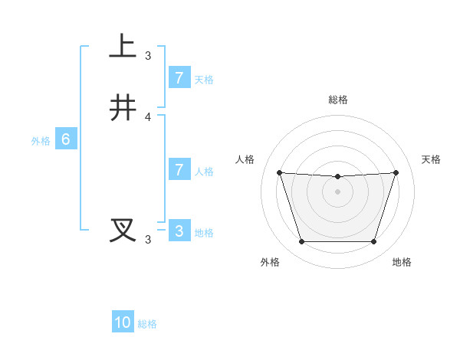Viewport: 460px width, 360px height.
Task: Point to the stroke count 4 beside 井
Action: pyautogui.click(x=148, y=117)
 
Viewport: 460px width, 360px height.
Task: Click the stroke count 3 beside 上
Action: pyautogui.click(x=148, y=56)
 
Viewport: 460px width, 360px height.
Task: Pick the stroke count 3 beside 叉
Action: pyautogui.click(x=148, y=240)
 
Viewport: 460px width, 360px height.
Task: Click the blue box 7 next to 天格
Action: pyautogui.click(x=179, y=78)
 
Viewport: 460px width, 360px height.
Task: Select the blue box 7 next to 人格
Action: pyautogui.click(x=179, y=170)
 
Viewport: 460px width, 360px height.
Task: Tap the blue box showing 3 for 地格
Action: pyautogui.click(x=179, y=231)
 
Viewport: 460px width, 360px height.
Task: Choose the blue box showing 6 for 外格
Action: pyautogui.click(x=66, y=139)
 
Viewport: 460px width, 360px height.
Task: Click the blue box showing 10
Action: pyautogui.click(x=123, y=322)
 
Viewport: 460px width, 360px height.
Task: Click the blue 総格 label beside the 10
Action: pyautogui.click(x=147, y=324)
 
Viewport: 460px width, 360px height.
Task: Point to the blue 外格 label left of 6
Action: pyautogui.click(x=41, y=141)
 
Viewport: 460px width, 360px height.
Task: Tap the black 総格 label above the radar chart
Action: pyautogui.click(x=337, y=100)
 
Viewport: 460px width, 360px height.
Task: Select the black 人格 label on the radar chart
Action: pyautogui.click(x=245, y=159)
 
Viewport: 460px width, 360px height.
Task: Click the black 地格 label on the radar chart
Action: pyautogui.click(x=402, y=262)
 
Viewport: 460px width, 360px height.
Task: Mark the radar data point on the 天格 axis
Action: pyautogui.click(x=396, y=172)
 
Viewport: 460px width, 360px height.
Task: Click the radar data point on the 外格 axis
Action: pyautogui.click(x=301, y=242)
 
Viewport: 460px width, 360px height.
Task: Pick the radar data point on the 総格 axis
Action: pyautogui.click(x=337, y=177)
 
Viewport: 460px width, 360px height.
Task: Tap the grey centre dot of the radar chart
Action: pyautogui.click(x=337, y=191)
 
